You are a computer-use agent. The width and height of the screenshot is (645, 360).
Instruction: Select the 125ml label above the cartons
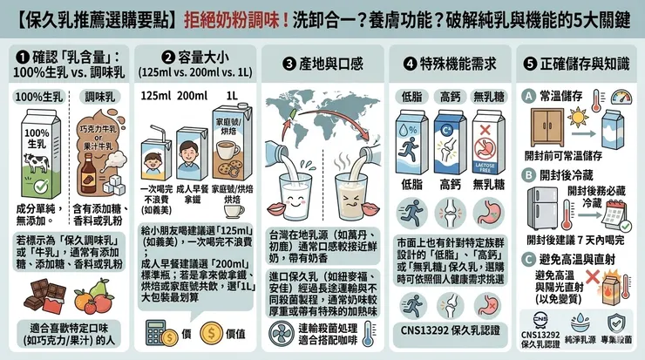pos(153,94)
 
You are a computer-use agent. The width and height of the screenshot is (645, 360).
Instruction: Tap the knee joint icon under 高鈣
pos(450,211)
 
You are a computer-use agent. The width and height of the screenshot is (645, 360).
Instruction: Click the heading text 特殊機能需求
pos(451,65)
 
